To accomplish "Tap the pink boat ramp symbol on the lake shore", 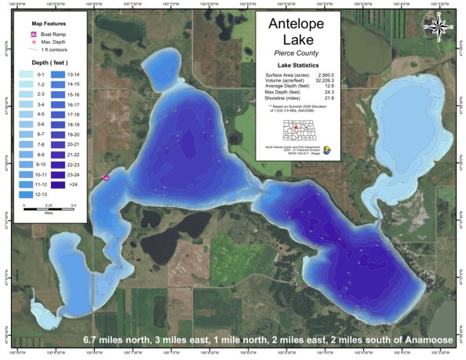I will pos(106,178).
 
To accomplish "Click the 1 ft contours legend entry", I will pos(50,50).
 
